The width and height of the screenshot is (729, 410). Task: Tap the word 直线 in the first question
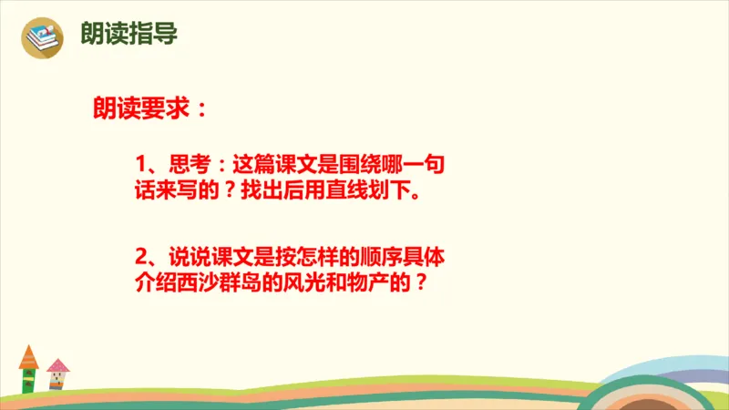click(x=336, y=193)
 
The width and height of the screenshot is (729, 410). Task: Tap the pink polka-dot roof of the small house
click(x=58, y=366)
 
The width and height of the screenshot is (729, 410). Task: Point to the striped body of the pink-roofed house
click(x=58, y=382)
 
